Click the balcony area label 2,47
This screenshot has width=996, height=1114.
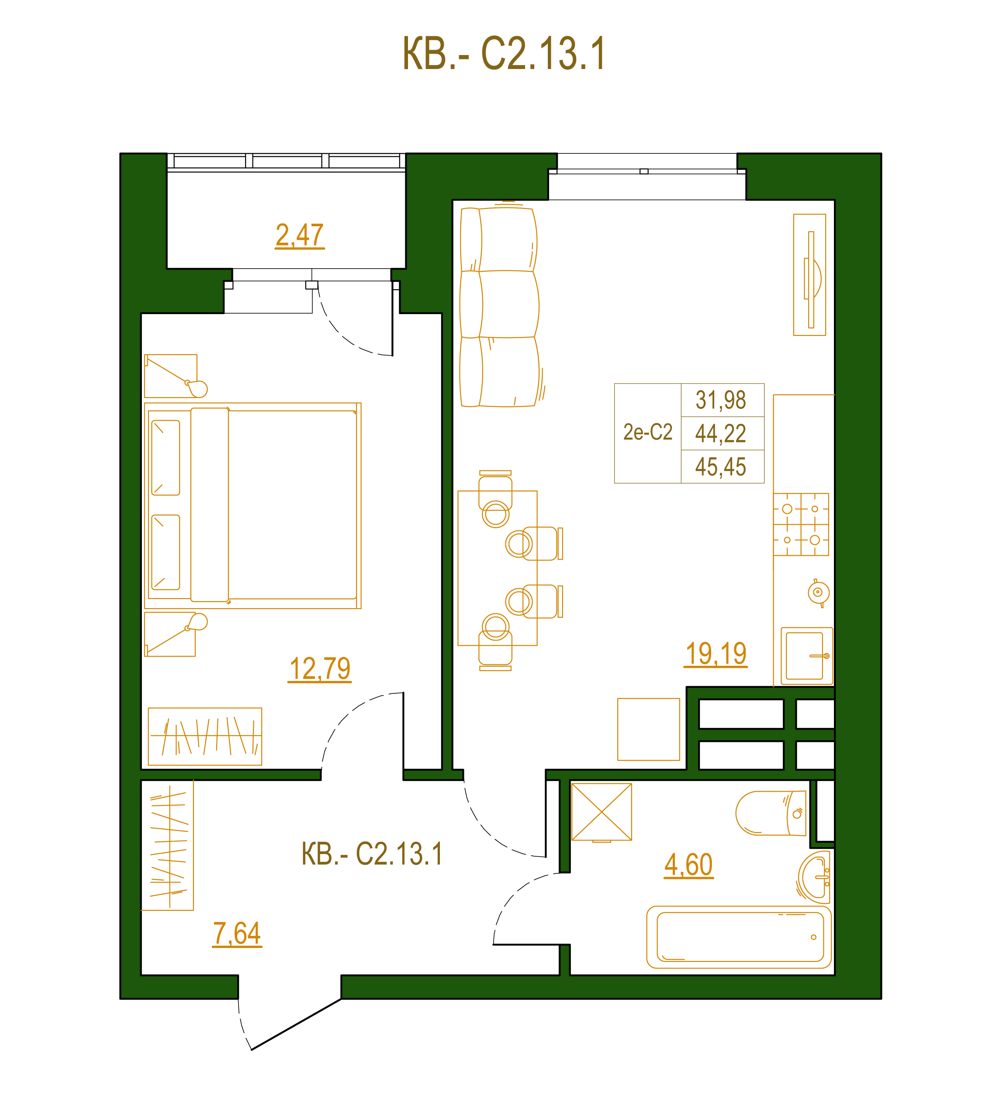300,235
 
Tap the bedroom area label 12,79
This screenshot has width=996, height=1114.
320,669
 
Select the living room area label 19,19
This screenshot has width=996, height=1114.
716,654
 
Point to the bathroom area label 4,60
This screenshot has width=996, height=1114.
688,865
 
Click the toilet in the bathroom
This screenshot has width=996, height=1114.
771,813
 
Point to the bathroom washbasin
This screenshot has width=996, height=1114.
814,877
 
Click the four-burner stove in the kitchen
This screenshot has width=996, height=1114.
801,524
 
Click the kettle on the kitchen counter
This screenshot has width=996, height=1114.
819,592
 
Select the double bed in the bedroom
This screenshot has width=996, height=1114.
253,505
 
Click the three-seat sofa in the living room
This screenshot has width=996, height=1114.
499,307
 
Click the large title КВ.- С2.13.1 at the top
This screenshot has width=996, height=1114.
504,54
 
